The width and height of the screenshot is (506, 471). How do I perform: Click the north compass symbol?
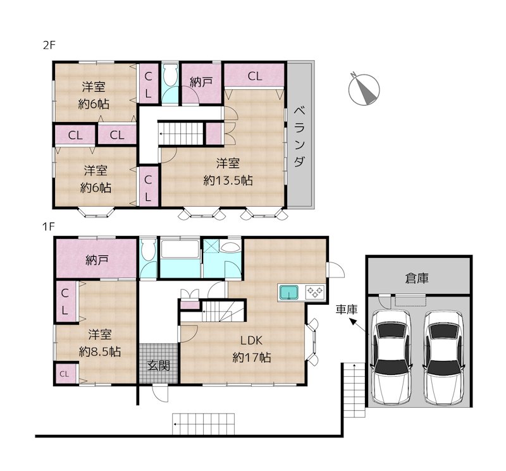[364, 89]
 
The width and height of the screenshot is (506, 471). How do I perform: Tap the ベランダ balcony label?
[300, 136]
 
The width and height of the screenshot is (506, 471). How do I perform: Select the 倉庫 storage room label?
[417, 278]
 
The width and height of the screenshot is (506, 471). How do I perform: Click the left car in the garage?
[392, 357]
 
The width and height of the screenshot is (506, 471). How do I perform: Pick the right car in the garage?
[444, 357]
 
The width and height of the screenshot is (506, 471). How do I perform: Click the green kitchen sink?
[290, 293]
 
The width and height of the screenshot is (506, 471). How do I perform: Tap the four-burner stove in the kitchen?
[314, 292]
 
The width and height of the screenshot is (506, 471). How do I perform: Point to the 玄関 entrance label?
[159, 366]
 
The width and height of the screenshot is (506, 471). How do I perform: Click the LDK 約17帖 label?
[251, 349]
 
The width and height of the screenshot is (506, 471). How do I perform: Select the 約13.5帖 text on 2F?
[228, 180]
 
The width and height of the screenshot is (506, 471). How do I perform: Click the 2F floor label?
[49, 45]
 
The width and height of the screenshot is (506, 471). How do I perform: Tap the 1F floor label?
[49, 227]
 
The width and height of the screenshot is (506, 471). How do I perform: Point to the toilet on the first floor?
[149, 250]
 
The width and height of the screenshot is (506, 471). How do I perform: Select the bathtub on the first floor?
[180, 248]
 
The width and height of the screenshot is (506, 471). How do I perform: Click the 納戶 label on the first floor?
[97, 260]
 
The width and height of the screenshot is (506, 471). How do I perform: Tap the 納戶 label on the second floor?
[201, 82]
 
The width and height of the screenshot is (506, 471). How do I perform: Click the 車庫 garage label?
[347, 310]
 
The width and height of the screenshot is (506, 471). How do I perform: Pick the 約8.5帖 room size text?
[100, 352]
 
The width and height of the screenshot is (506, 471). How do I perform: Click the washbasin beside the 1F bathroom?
[230, 247]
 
